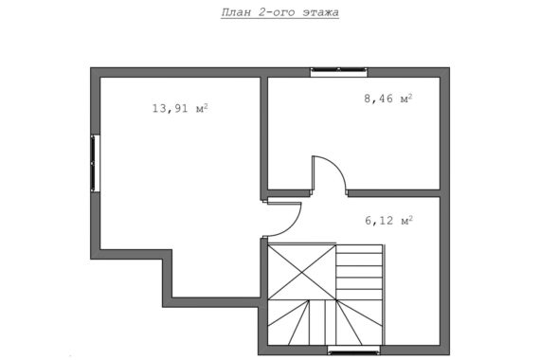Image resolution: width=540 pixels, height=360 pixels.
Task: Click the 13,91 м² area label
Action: pos(180,109)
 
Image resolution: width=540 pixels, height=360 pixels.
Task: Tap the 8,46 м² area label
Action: pos(388,99)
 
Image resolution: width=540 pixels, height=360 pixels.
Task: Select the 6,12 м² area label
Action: pos(388,220)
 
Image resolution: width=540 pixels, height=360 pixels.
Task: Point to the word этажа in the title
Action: pos(320,12)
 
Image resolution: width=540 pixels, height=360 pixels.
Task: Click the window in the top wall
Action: pos(339,72)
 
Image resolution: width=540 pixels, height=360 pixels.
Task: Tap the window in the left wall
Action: pos(95,163)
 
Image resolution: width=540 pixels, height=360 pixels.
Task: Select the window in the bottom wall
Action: pos(353,351)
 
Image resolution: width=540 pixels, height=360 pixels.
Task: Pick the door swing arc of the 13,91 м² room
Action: pos(293,226)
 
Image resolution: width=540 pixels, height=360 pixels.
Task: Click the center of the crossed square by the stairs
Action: pos(302,272)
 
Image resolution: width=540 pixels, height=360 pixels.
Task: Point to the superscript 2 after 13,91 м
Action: pos(206,106)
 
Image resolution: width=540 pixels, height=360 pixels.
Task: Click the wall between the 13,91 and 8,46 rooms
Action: pos(263,137)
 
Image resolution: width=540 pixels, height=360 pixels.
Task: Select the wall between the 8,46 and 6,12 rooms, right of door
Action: pos(394,193)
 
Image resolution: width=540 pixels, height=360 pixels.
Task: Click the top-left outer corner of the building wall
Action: pos(91,67)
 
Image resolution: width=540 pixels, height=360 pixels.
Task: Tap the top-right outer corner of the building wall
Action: pos(449,67)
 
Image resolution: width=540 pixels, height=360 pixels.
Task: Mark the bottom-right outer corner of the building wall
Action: pos(449,355)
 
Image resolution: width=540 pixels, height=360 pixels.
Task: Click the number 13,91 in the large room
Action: pos(171,109)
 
